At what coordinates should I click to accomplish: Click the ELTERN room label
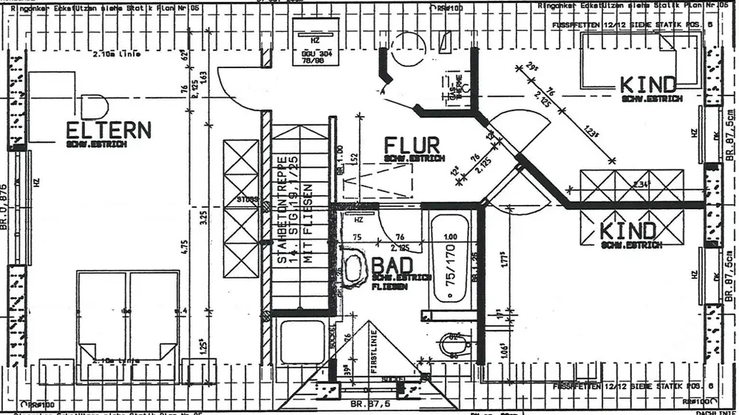(x=109, y=130)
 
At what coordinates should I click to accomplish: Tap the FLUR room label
(x=412, y=144)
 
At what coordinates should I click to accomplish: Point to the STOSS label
(x=247, y=199)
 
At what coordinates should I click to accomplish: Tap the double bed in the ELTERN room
(x=128, y=314)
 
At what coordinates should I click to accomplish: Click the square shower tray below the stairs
(x=302, y=341)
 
